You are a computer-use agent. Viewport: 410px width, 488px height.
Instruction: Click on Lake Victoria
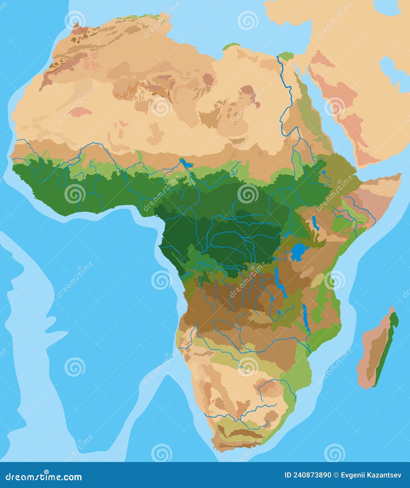pos(299,252)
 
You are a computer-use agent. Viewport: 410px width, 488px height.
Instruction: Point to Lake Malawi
pos(306,318)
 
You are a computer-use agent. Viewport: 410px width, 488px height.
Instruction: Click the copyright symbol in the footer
pos(336,475)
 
